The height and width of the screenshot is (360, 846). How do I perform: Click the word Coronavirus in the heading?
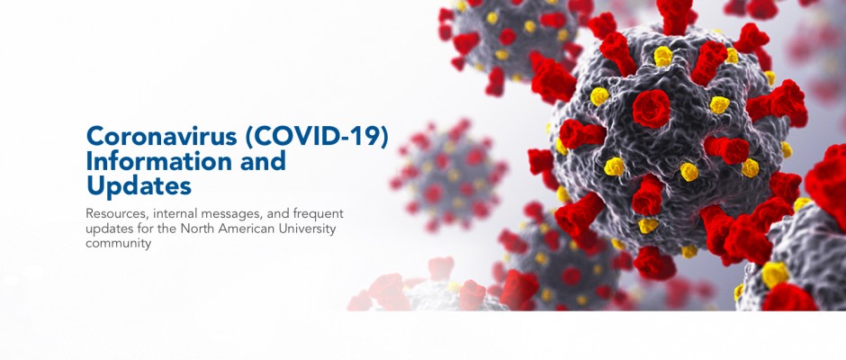click(x=162, y=136)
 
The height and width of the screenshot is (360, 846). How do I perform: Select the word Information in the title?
click(x=152, y=161)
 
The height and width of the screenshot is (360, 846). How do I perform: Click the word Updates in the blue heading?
click(x=139, y=186)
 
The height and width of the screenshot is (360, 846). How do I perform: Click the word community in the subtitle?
click(x=118, y=244)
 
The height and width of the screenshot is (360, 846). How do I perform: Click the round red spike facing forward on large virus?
click(x=652, y=109)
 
